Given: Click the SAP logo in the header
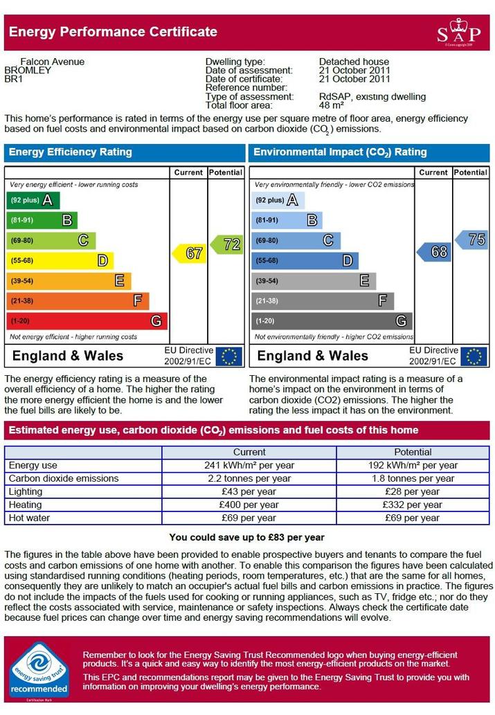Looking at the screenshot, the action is point(458,32).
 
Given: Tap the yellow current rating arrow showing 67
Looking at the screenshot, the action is point(189,253).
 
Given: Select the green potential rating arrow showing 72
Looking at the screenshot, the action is point(227,244).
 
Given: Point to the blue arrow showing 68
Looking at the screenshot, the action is point(434,252).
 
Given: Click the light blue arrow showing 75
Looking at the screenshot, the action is point(471,239).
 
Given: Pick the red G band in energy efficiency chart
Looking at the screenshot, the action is point(87,321).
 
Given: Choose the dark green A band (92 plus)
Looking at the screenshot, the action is point(33,200).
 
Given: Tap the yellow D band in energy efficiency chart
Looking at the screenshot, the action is point(60,261).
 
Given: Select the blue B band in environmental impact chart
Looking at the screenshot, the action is point(287,220).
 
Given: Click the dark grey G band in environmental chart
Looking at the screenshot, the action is point(332,321).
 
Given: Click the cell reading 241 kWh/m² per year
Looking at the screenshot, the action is point(249,466).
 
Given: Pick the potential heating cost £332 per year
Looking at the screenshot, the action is point(413,505).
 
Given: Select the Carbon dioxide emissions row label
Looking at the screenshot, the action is point(64,478).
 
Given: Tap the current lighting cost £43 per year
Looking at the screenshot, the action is point(249,491).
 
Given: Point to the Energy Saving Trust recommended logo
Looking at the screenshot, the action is point(39,669).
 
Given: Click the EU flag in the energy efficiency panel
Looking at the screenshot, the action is point(228,356).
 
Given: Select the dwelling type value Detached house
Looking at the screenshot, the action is point(354,62).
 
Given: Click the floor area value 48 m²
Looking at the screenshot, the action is point(331,105).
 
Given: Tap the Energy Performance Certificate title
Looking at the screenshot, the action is point(113,32).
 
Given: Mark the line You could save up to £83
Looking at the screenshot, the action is point(247,537).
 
